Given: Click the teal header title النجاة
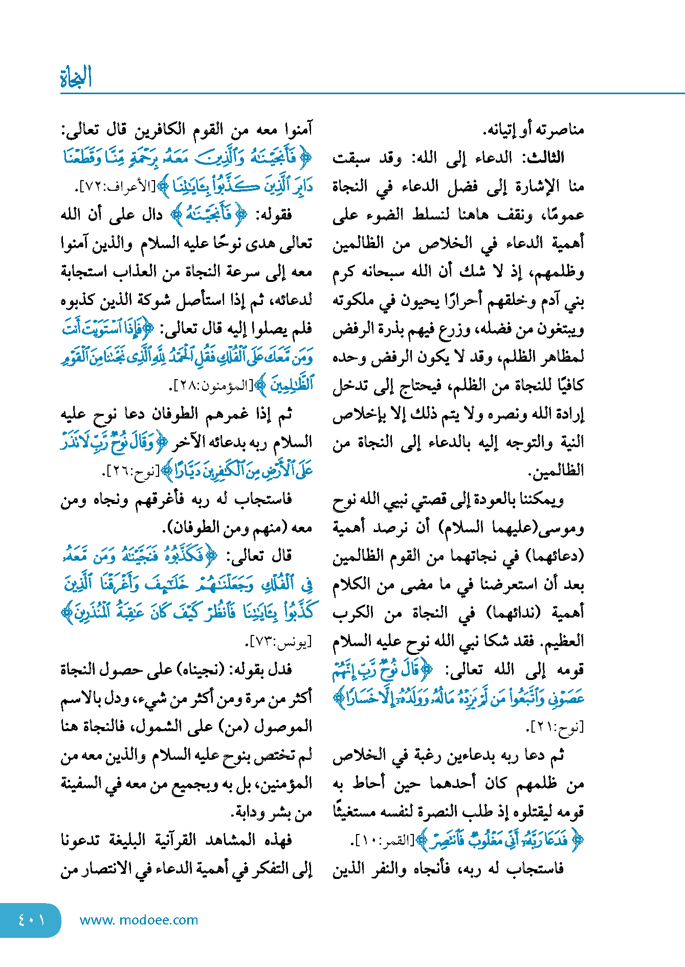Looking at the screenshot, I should point(76,77).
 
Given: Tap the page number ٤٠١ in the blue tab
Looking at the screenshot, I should point(31,920).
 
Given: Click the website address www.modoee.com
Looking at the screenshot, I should point(139,920).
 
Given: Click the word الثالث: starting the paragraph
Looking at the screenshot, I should point(542,158).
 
